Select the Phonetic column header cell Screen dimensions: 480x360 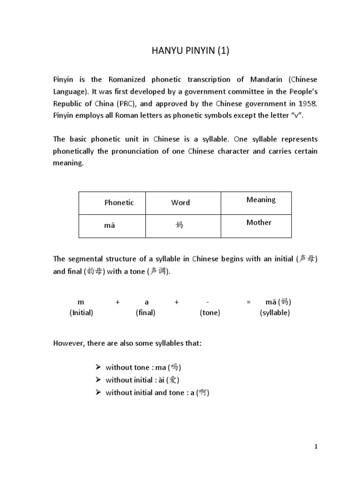(x=119, y=202)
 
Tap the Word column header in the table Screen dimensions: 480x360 (x=180, y=202)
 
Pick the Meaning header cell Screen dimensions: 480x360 (x=261, y=200)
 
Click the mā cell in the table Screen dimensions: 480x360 (x=109, y=225)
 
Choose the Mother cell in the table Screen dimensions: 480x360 (x=259, y=223)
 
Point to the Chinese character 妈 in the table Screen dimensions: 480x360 (x=179, y=225)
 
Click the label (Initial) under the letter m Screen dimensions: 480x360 (x=81, y=313)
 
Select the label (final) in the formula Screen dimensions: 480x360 (x=145, y=313)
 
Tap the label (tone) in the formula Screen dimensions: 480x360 (x=210, y=313)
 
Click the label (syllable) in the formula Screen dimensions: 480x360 (x=275, y=313)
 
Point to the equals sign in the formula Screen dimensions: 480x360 (x=248, y=302)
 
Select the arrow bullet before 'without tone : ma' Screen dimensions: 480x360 (x=98, y=367)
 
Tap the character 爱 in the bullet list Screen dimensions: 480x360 (x=172, y=380)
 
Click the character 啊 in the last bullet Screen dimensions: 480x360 (x=202, y=393)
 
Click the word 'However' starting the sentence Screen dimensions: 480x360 (x=67, y=344)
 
